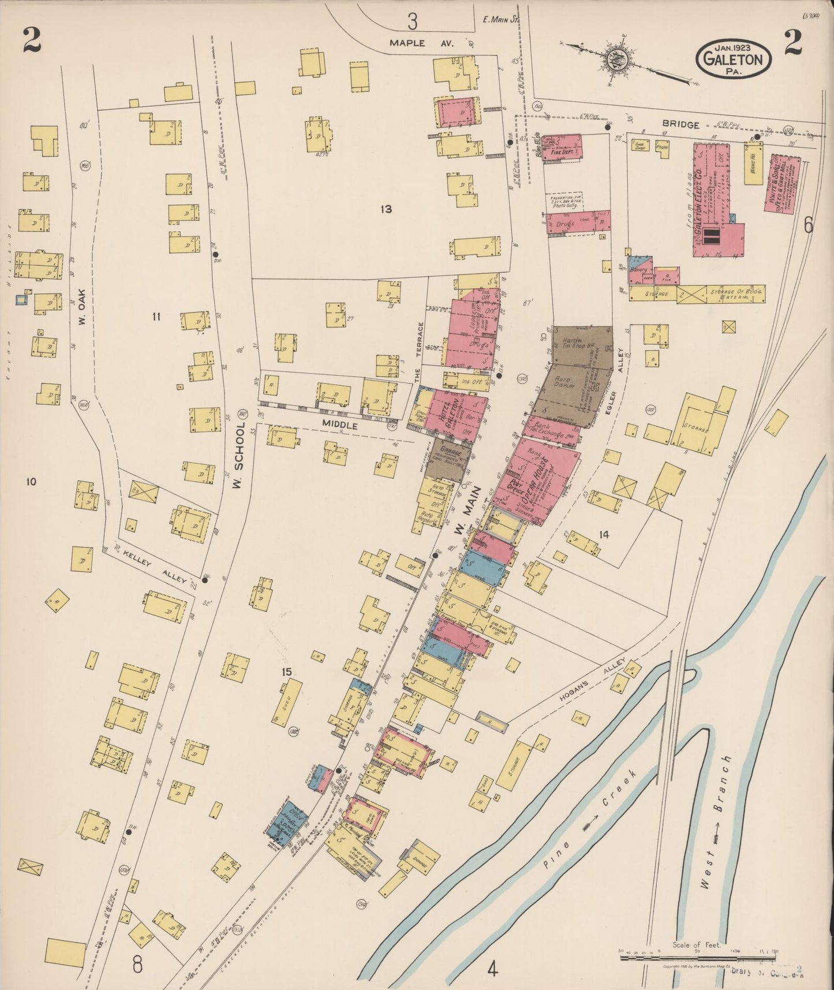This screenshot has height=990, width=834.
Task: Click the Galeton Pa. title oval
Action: click(734, 58)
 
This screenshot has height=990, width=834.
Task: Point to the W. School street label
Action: click(238, 457)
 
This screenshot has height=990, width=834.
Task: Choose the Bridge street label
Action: click(681, 124)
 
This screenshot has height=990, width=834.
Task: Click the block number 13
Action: click(386, 209)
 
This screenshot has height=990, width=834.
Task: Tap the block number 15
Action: click(287, 672)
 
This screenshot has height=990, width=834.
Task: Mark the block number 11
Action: click(155, 316)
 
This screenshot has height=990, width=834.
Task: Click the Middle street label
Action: click(340, 425)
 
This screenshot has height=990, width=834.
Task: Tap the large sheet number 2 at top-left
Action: click(32, 40)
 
